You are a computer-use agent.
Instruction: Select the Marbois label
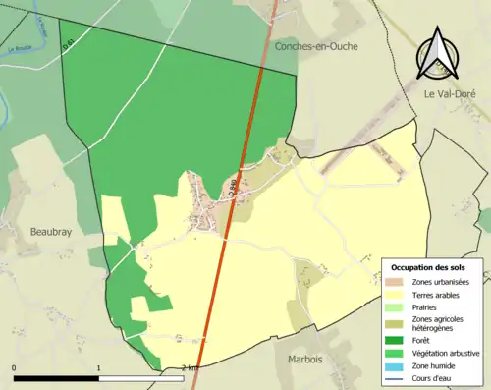pyautogui.click(x=305, y=360)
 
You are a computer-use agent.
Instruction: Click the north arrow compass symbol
pyautogui.click(x=436, y=54)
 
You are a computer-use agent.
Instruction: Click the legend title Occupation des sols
pyautogui.click(x=428, y=266)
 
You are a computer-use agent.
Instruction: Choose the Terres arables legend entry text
pyautogui.click(x=438, y=293)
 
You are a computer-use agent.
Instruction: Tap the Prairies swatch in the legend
pyautogui.click(x=398, y=306)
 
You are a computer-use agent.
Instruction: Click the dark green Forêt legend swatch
pyautogui.click(x=398, y=341)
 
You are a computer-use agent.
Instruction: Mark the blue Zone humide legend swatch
pyautogui.click(x=398, y=364)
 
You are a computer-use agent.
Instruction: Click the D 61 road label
pyautogui.click(x=68, y=46)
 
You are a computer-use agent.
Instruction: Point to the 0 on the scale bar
pyautogui.click(x=14, y=368)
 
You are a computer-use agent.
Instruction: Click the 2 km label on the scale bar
pyautogui.click(x=191, y=368)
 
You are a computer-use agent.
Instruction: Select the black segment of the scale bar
pyautogui.click(x=56, y=378)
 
